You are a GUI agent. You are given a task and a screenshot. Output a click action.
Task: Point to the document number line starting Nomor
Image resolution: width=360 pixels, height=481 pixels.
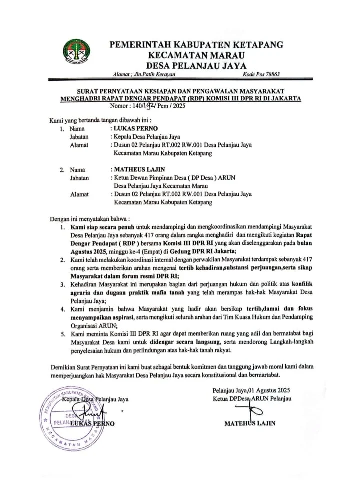[143, 107]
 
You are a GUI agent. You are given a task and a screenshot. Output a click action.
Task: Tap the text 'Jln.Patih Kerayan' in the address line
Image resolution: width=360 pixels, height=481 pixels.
[154, 74]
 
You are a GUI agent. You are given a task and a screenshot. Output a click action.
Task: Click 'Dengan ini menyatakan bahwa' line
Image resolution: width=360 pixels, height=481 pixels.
[90, 219]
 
